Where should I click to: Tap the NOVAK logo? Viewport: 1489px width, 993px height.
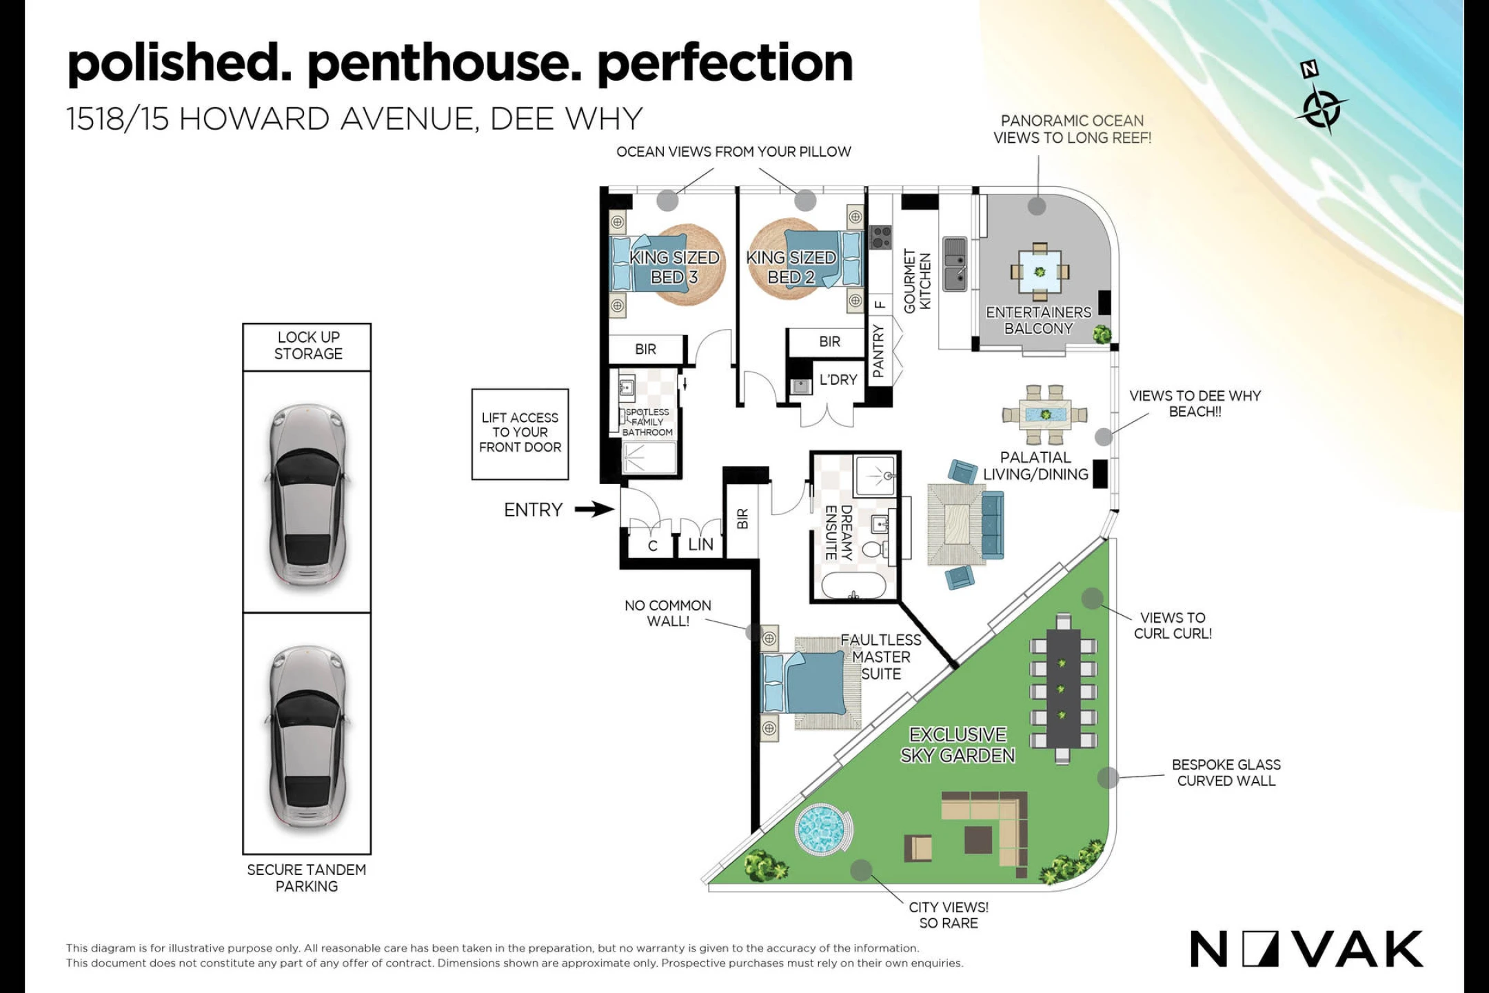tap(1306, 949)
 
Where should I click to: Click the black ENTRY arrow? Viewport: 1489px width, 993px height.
tap(594, 510)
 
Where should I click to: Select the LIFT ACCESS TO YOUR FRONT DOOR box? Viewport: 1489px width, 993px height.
tap(520, 434)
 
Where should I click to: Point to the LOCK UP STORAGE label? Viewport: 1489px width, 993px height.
tap(308, 345)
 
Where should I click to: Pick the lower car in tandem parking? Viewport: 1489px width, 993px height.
tap(307, 736)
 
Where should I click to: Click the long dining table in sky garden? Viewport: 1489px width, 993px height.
tap(1062, 688)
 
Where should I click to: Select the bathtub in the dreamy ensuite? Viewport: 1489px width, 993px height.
tap(853, 585)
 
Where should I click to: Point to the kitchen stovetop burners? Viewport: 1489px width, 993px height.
tap(881, 237)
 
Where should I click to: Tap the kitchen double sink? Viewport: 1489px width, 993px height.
tap(955, 264)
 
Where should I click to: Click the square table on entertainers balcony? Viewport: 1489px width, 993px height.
tap(1040, 272)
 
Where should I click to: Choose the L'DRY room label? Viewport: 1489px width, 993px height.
tap(838, 380)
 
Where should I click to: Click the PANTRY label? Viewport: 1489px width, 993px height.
tap(878, 352)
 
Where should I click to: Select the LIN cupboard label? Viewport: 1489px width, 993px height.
tap(701, 545)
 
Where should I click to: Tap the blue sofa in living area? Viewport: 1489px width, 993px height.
tap(993, 525)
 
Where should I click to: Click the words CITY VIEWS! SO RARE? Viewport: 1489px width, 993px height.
tap(949, 915)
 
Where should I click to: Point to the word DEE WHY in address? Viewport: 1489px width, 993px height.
tap(567, 119)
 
